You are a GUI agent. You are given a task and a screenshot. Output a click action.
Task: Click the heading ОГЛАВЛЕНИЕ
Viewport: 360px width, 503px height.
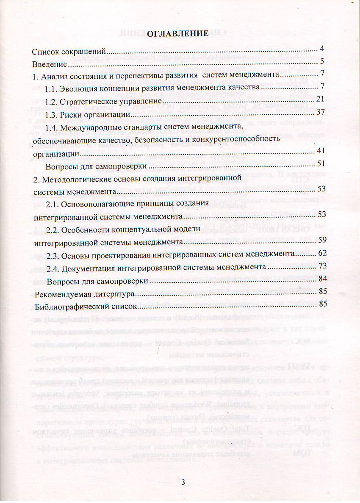coord(177,34)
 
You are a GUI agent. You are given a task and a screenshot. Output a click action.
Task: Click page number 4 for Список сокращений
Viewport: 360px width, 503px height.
coord(322,48)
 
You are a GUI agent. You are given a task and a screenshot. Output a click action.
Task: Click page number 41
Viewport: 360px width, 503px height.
coord(321,151)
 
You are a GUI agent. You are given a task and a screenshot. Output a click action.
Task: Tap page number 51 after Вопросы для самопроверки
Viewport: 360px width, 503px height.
coord(321,163)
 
